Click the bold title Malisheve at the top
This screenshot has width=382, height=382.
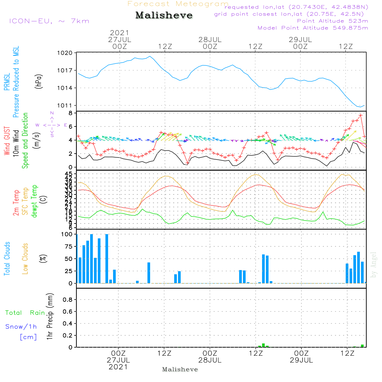[x=164, y=16]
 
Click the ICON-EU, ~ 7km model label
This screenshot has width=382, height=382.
[x=49, y=21]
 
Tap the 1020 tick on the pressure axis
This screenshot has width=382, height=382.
[x=65, y=53]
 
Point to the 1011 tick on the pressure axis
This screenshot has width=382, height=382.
[x=65, y=105]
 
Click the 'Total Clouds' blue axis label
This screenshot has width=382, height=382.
[x=7, y=259]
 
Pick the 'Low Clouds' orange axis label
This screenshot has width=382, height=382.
[x=25, y=259]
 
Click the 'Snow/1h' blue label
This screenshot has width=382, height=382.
[x=21, y=327]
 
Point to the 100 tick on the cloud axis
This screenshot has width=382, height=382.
[x=67, y=234]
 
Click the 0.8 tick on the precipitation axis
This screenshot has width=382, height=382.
[x=67, y=300]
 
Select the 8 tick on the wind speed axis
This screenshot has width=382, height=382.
[x=70, y=113]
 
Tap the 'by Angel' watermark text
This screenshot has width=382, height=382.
[x=374, y=264]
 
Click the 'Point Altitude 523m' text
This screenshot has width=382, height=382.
[x=332, y=21]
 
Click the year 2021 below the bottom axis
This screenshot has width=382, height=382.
[x=118, y=367]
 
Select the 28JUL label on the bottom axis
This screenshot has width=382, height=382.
[x=210, y=360]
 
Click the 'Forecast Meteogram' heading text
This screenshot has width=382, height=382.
[x=178, y=4]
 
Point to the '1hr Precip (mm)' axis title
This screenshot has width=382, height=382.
[x=50, y=317]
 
